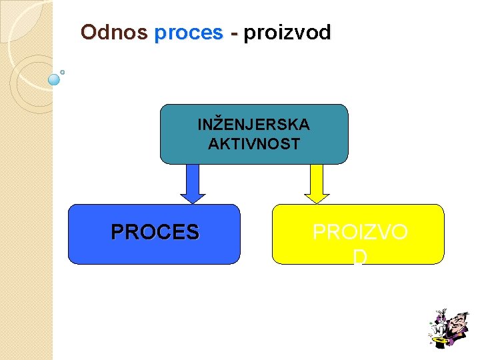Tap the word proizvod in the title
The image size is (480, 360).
(x=287, y=33)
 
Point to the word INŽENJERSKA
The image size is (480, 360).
(x=253, y=125)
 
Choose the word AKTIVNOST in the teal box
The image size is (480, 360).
(x=253, y=143)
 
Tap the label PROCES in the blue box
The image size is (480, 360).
(x=155, y=232)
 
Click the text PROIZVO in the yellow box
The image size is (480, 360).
(x=360, y=232)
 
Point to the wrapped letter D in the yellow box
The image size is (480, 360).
(x=360, y=256)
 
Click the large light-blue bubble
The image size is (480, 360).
(x=55, y=79)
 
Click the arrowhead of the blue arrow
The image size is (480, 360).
(x=193, y=197)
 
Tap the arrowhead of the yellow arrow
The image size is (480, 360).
(x=317, y=197)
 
